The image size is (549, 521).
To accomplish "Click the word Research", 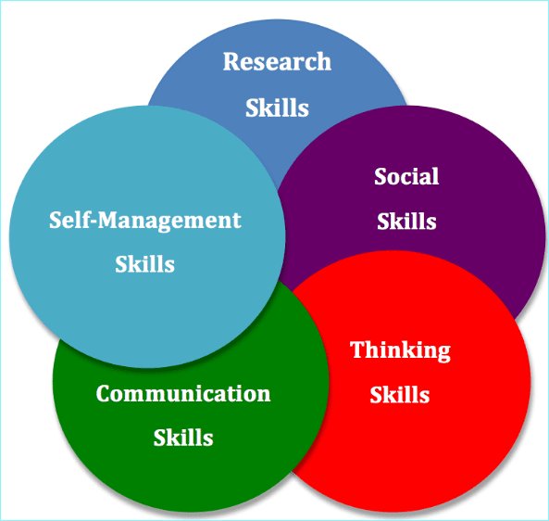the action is pyautogui.click(x=277, y=62).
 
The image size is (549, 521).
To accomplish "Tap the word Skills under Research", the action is pyautogui.click(x=277, y=108).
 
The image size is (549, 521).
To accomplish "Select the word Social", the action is pyautogui.click(x=406, y=176).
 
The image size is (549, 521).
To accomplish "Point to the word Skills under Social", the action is pyautogui.click(x=406, y=222).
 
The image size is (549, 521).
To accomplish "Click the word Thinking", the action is pyautogui.click(x=400, y=350).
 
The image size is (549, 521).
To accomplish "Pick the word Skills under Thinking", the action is pyautogui.click(x=400, y=394).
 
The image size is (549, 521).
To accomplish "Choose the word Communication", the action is pyautogui.click(x=183, y=393).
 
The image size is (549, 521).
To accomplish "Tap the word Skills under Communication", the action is pyautogui.click(x=183, y=438).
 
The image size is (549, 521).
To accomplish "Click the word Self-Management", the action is pyautogui.click(x=145, y=221).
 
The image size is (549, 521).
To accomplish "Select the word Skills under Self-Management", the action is pyautogui.click(x=144, y=263).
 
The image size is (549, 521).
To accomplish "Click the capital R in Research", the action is pyautogui.click(x=231, y=62).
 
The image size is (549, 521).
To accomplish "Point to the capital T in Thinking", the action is pyautogui.click(x=357, y=349).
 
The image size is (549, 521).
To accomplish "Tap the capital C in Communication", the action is pyautogui.click(x=104, y=394).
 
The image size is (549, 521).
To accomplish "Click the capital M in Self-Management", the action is pyautogui.click(x=109, y=220).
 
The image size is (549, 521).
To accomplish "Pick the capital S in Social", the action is pyautogui.click(x=381, y=176).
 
